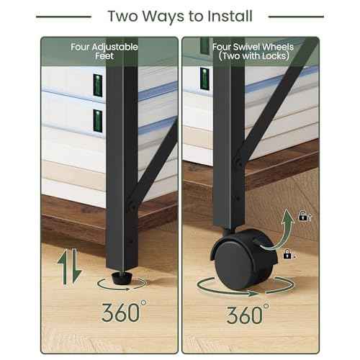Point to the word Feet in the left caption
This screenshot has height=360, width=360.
[x=104, y=58]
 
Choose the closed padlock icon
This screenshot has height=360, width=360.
[x=287, y=254]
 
